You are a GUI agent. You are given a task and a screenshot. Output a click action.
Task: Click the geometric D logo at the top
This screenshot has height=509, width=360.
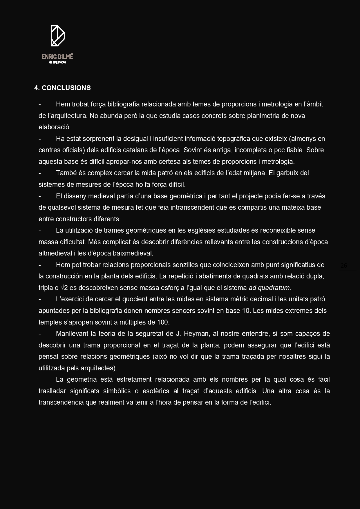point(58,36)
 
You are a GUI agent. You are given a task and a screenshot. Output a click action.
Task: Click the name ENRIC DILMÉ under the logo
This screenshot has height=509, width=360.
point(57,57)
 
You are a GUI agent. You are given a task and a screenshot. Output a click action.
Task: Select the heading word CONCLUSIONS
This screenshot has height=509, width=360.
point(66,88)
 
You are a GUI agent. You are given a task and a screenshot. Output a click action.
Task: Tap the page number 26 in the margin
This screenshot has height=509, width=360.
point(344,266)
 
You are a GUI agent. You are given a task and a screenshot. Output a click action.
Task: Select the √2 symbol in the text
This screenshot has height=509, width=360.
point(64,288)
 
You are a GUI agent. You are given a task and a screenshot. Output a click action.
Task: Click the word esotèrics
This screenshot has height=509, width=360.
point(156,391)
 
